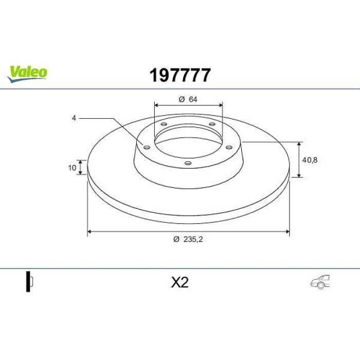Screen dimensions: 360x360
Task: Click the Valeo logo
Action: coord(27,74)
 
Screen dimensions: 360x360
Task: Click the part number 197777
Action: coord(180,75)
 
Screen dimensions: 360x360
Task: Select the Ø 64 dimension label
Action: coord(188,99)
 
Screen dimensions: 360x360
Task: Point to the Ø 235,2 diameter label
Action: coord(188,239)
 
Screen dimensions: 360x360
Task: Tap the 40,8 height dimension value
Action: coord(310,160)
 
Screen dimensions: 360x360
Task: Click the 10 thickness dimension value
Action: coord(72,168)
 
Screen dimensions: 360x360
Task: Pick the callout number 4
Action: coord(74,118)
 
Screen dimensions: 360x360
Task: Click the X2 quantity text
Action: coord(180,282)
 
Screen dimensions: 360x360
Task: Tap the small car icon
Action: coord(320,281)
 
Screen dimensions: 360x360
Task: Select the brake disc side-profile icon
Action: coord(30,281)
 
